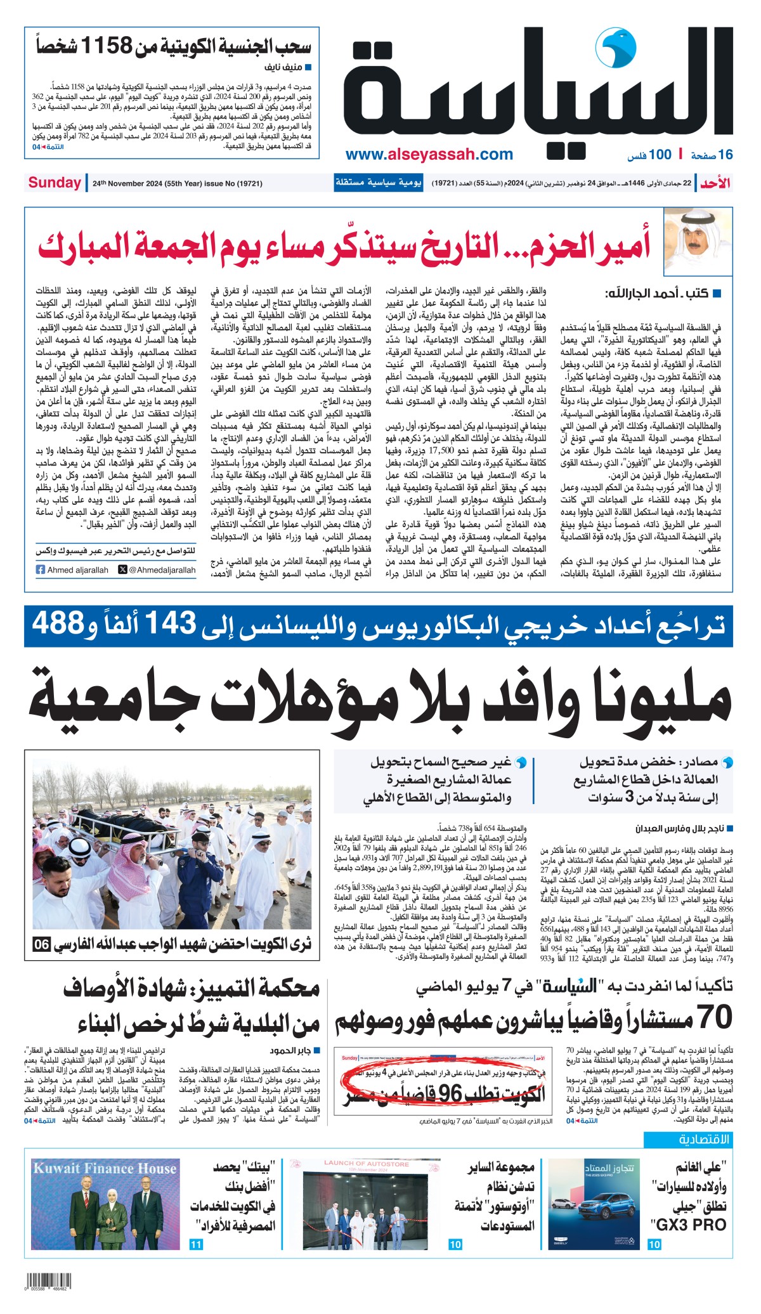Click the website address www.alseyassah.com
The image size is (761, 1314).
pos(429,154)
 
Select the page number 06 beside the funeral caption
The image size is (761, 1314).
pos(42,944)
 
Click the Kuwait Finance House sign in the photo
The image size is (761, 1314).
pos(105,1169)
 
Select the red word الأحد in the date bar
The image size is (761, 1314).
pos(716,183)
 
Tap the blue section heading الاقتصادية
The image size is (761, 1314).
pos(704,1140)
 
